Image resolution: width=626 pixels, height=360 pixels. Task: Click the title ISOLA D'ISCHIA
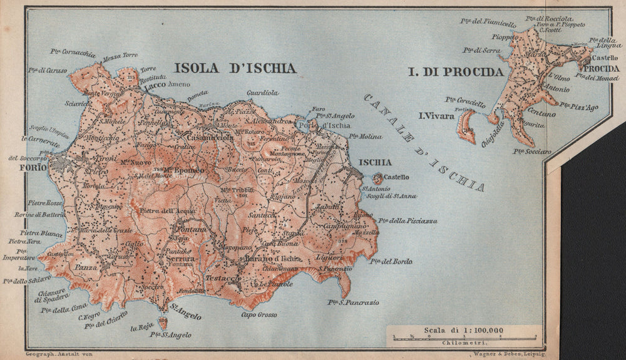pos(235,68)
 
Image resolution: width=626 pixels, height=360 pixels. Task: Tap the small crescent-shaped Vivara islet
pos(465,126)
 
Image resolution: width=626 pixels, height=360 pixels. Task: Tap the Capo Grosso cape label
pos(259,314)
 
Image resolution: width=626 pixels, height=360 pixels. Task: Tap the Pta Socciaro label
pos(532,151)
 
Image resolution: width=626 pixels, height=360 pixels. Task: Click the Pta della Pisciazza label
pos(413,221)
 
